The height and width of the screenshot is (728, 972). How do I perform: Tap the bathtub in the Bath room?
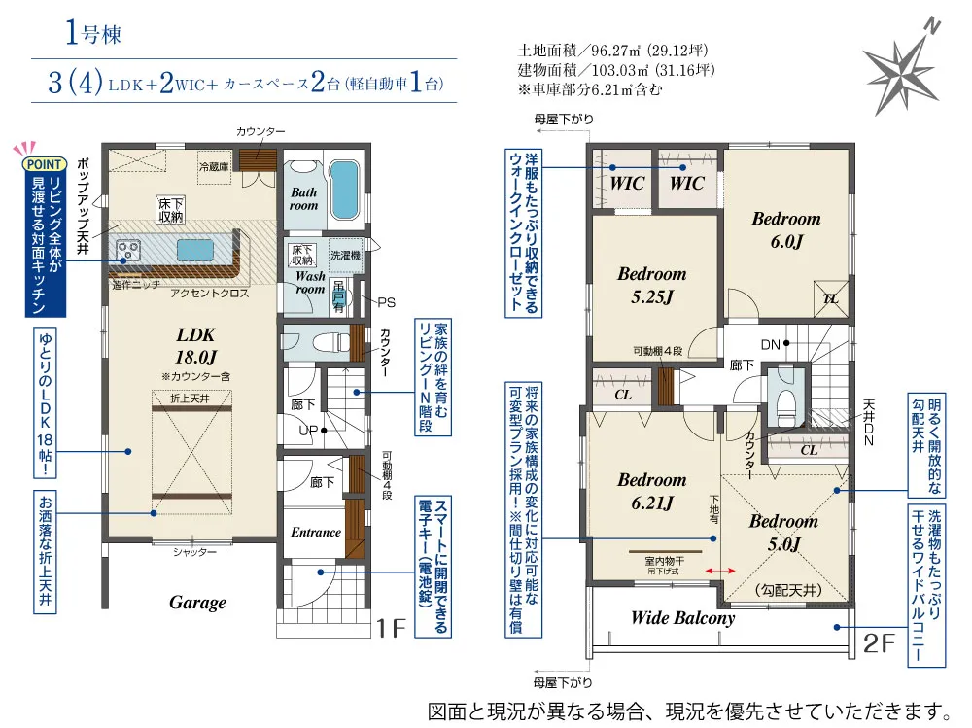click(x=344, y=191)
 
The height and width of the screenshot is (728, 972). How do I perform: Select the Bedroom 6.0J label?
click(x=785, y=228)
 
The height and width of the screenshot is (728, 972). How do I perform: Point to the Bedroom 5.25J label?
click(x=651, y=285)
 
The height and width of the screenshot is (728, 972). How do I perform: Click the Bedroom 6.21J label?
click(x=651, y=490)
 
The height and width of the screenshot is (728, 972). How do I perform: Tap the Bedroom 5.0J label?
click(x=782, y=532)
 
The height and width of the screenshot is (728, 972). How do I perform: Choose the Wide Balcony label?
click(x=682, y=617)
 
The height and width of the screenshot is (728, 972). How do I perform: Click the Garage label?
click(x=197, y=603)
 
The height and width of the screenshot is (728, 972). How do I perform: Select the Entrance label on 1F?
click(x=316, y=532)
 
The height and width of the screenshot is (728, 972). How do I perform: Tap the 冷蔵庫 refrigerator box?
click(x=215, y=164)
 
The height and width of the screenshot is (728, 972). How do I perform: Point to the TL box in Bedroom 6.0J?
click(x=831, y=298)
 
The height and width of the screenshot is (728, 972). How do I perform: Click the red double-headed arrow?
click(x=720, y=571)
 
